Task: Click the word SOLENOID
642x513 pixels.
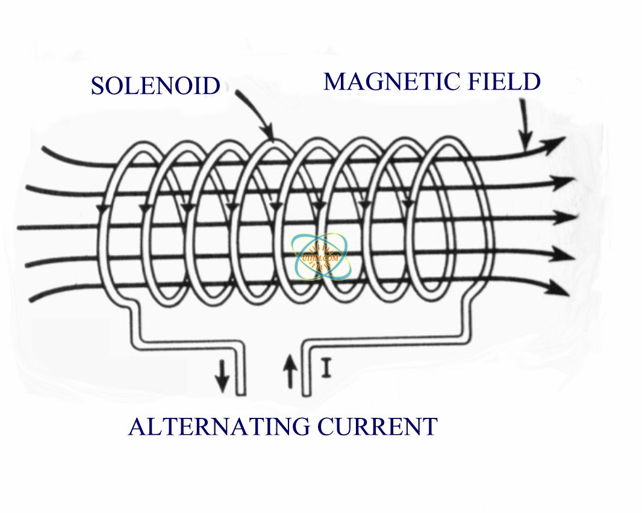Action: (x=155, y=86)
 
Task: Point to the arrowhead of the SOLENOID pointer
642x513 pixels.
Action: (x=269, y=136)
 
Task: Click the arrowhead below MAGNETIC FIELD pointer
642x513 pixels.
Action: (x=526, y=144)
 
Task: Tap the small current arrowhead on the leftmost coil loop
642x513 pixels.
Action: (x=101, y=208)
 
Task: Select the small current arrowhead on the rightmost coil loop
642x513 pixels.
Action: (x=409, y=205)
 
